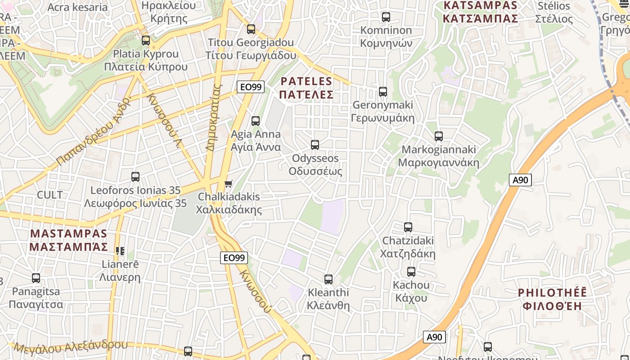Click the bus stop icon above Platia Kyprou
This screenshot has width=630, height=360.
145,40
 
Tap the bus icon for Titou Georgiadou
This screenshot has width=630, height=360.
251,29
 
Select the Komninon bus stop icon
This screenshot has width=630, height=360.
386,17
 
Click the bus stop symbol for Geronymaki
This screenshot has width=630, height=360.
382,92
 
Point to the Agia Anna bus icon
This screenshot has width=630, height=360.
255,121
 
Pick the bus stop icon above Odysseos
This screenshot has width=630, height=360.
315,145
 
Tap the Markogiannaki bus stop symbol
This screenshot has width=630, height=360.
438,136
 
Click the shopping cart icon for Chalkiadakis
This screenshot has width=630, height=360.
228,184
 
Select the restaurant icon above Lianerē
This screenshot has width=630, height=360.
120,251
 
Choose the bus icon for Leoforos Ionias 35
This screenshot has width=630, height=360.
135,177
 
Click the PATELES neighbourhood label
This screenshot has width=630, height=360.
306,88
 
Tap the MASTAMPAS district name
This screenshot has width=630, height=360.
68,240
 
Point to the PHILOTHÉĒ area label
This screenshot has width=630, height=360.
552,299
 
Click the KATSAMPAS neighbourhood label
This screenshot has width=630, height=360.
480,12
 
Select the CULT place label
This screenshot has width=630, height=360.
49,195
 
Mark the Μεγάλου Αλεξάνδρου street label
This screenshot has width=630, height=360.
71,347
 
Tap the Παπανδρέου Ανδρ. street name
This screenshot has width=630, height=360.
94,130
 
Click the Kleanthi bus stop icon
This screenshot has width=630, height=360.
328,279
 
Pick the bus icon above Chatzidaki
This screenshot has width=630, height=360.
408,227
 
